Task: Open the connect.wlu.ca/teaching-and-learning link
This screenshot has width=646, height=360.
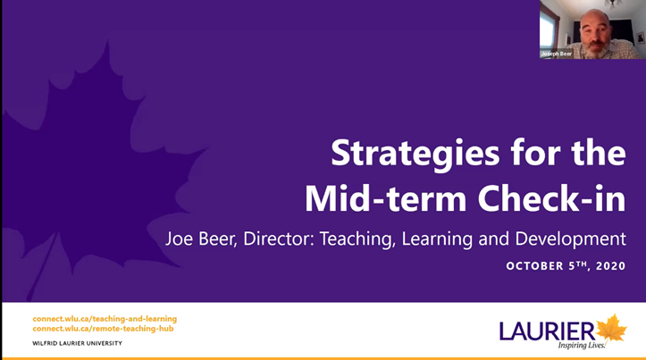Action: (105, 319)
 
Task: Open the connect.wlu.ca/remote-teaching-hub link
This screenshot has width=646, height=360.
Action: (103, 329)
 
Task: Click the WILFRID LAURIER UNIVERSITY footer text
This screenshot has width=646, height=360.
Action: (77, 343)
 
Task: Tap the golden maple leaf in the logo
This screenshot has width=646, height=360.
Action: (612, 327)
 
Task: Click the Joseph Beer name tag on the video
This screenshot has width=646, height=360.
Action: (557, 54)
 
